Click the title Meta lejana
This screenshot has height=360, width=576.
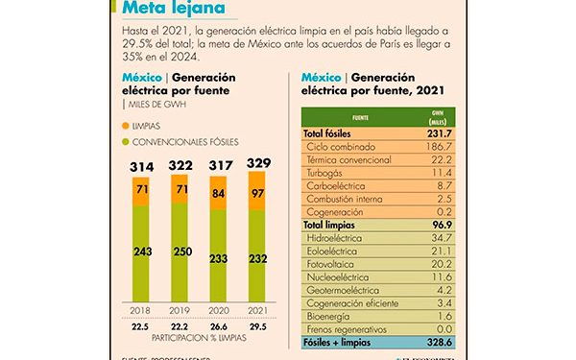(x=174, y=10)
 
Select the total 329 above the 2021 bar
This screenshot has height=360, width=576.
(x=258, y=165)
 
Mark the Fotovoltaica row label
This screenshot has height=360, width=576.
(x=337, y=262)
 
